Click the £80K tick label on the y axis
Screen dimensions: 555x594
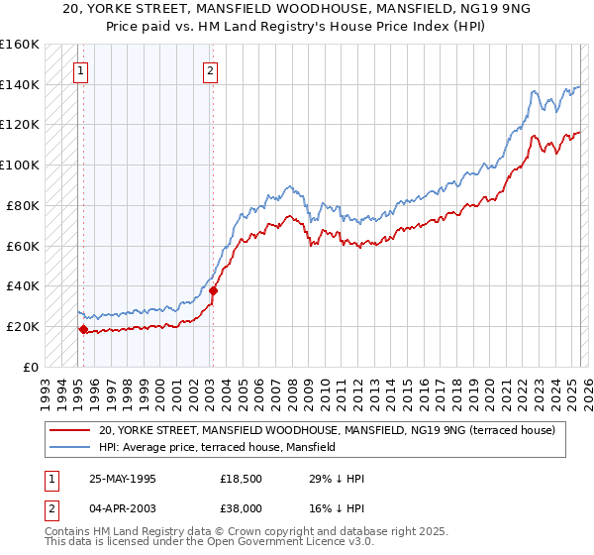pyautogui.click(x=20, y=205)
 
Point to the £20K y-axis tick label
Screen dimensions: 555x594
pyautogui.click(x=20, y=326)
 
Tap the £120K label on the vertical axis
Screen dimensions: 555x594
pyautogui.click(x=17, y=125)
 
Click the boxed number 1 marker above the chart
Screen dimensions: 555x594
pyautogui.click(x=80, y=70)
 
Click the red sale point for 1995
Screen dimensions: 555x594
pyautogui.click(x=83, y=329)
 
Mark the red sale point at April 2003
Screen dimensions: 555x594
pyautogui.click(x=213, y=290)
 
